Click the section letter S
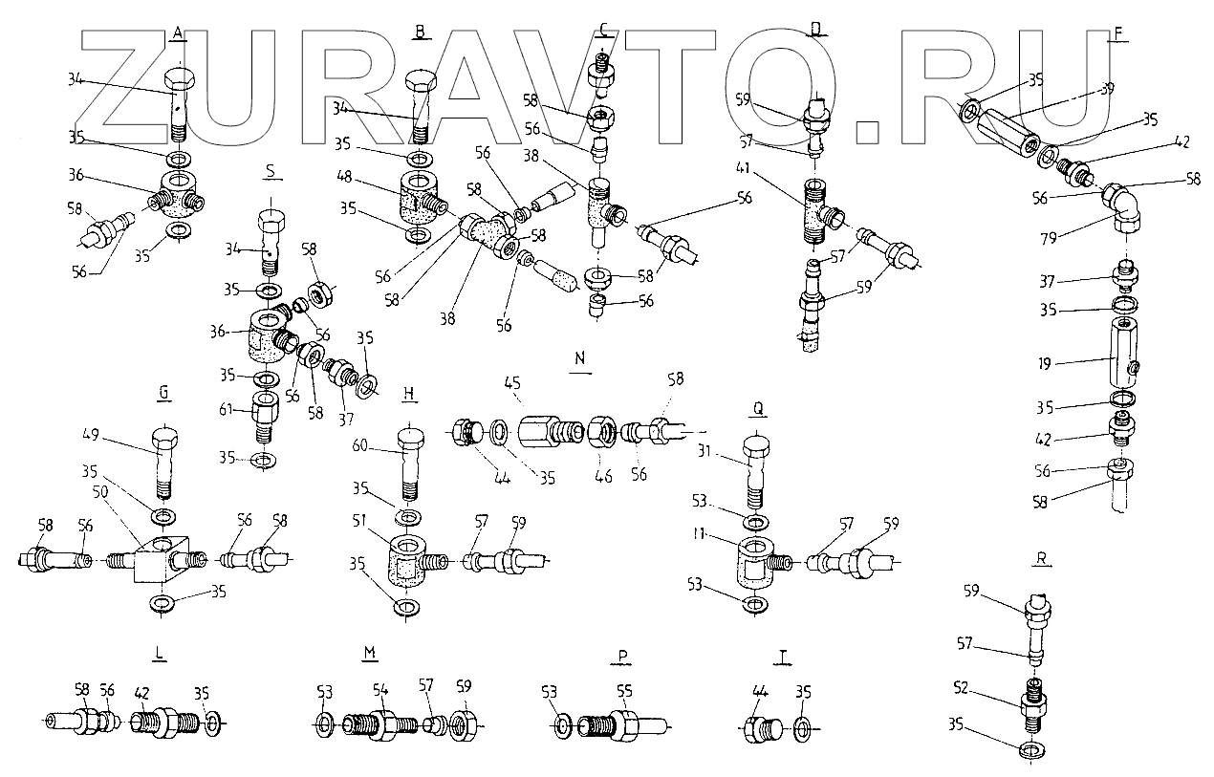pyautogui.click(x=271, y=172)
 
